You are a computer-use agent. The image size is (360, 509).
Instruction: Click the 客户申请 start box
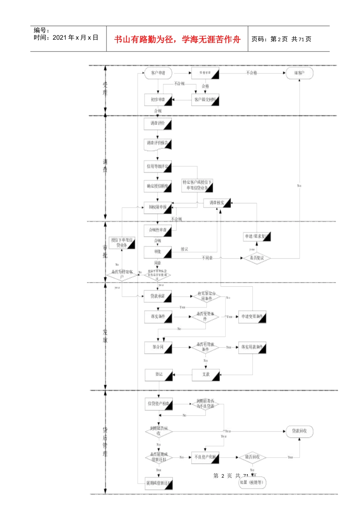158,73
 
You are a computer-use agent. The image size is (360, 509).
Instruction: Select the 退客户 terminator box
299,73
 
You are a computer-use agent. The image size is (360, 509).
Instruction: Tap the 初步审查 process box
158,100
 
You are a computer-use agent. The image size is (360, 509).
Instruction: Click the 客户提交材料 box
205,100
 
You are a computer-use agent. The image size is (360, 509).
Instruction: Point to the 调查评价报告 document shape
158,144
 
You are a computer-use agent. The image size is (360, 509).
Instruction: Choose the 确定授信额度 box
158,186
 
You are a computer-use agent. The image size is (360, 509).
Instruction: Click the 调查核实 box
217,203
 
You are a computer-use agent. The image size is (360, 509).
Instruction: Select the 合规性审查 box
158,230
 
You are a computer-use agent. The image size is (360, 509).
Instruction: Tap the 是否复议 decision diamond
257,258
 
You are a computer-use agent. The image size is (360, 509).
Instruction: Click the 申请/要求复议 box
257,237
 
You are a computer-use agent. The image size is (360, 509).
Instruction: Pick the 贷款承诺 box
158,296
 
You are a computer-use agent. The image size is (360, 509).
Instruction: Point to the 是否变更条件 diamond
205,317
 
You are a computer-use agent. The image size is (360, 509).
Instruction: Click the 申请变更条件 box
252,317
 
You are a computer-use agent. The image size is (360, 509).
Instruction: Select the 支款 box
206,375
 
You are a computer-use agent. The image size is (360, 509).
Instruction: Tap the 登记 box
159,375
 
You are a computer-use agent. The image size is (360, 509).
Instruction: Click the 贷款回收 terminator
299,431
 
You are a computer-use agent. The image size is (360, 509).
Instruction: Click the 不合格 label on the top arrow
252,73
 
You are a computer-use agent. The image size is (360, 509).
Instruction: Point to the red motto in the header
177,39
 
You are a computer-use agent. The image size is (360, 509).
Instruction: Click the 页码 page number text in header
281,39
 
